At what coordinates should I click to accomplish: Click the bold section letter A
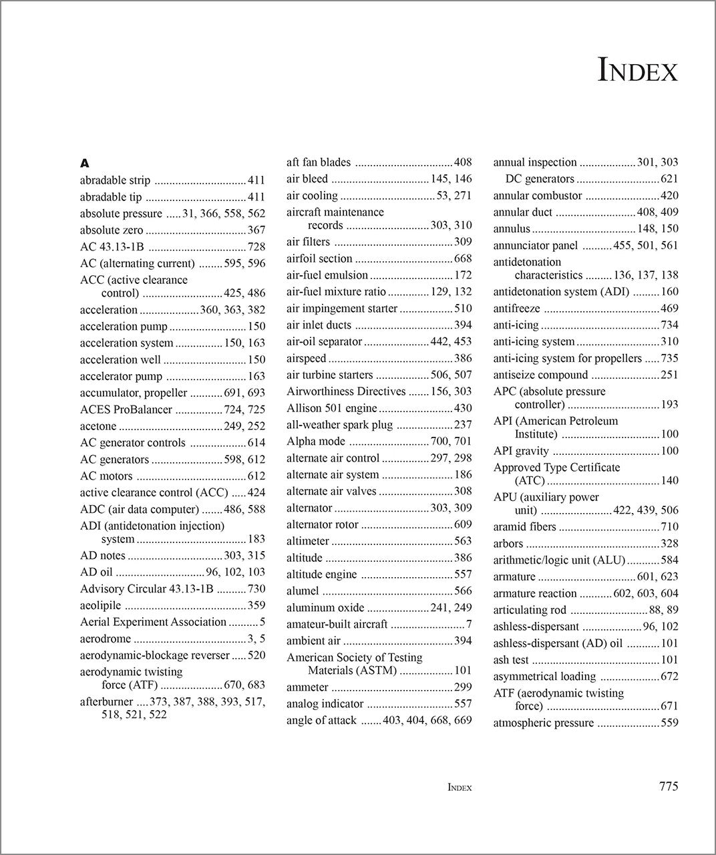tap(84, 163)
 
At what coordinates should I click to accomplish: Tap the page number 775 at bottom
tap(668, 786)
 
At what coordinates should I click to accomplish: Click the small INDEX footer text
tap(460, 788)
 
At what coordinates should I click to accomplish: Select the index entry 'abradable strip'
tap(115, 180)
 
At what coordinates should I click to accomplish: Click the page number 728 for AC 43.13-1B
tap(256, 247)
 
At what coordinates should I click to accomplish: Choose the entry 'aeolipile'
tap(101, 606)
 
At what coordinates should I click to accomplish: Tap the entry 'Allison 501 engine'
tap(332, 408)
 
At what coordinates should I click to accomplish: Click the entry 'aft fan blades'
tap(319, 162)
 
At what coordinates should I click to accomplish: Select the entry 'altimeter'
tap(308, 542)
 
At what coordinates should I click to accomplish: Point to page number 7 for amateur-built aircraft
tap(469, 625)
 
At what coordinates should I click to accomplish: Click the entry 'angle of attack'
tap(321, 721)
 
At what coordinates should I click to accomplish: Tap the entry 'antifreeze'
tap(516, 309)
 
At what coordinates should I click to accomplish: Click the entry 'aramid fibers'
tap(524, 527)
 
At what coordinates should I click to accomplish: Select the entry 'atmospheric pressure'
tap(543, 723)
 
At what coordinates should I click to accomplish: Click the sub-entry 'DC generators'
tap(540, 179)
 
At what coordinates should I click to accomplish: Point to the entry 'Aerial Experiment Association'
tap(153, 623)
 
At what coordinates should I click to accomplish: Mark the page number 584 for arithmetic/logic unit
tap(669, 560)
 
